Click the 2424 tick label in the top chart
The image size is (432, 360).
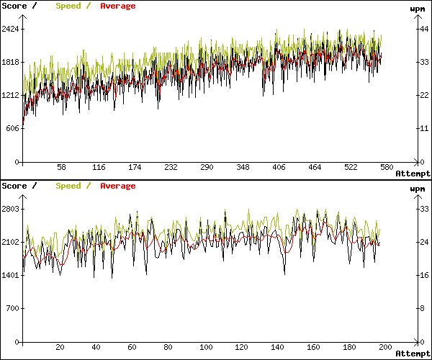tap(11, 29)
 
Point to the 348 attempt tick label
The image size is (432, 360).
tap(243, 167)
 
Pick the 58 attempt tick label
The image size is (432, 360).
tap(62, 167)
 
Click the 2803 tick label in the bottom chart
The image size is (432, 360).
tap(11, 209)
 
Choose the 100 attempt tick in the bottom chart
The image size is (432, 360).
tap(205, 347)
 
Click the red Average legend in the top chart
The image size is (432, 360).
tap(117, 6)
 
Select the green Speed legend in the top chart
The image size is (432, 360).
tap(68, 6)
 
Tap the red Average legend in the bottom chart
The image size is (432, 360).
tap(117, 186)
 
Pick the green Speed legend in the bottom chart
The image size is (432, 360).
tap(68, 186)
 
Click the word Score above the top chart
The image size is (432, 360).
tap(14, 6)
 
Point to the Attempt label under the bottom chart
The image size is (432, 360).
tap(413, 354)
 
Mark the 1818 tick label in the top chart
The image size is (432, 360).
tap(11, 62)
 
